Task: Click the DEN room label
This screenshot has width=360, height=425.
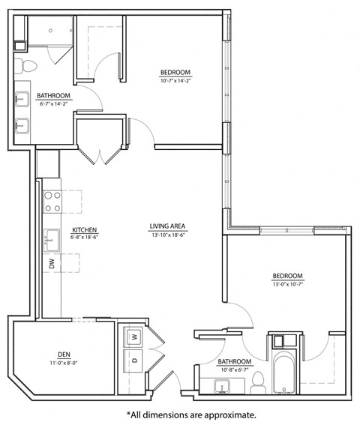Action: click(64, 355)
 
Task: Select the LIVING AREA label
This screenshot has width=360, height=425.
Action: click(167, 226)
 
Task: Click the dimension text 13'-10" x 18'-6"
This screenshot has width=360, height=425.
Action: click(167, 235)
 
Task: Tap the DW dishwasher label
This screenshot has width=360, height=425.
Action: click(52, 263)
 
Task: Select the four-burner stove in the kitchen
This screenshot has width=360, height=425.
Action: click(52, 202)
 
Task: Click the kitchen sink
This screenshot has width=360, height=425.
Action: click(52, 240)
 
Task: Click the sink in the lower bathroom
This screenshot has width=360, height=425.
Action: click(221, 386)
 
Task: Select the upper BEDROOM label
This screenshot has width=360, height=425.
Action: click(175, 73)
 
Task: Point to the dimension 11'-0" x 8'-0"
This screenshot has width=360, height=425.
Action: click(64, 364)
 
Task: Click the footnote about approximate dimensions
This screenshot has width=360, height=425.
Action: click(191, 414)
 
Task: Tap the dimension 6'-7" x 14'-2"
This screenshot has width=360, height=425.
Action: click(54, 104)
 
